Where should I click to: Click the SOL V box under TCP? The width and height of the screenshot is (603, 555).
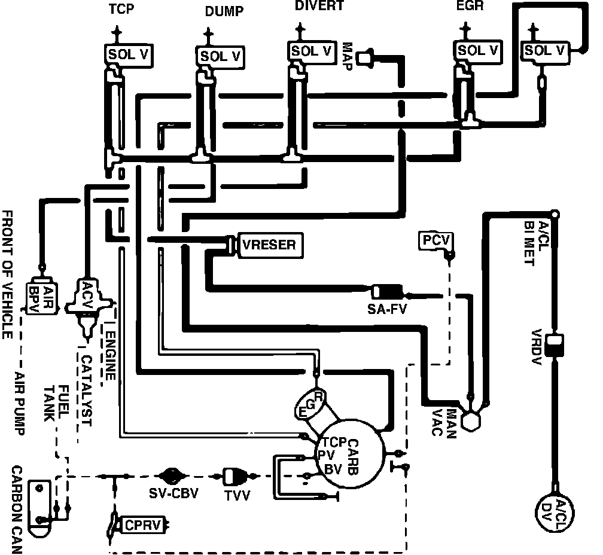(127, 54)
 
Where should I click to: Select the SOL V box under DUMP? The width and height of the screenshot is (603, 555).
(220, 56)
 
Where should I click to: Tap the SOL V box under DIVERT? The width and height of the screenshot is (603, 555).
(310, 51)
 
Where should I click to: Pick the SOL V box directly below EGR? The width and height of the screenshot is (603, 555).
(478, 51)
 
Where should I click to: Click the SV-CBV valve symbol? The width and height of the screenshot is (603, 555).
(172, 476)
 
